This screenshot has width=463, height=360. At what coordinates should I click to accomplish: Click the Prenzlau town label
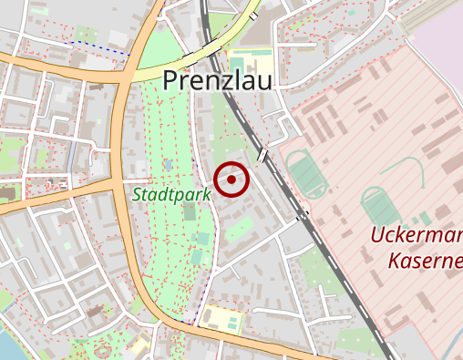(218, 80)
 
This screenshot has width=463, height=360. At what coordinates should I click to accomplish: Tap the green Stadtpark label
(171, 193)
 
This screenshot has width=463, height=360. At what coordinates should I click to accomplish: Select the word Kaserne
(425, 262)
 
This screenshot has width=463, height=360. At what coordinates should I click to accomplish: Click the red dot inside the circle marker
(232, 180)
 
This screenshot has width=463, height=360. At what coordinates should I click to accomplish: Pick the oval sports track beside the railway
(307, 173)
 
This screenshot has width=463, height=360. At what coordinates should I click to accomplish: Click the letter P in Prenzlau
(170, 80)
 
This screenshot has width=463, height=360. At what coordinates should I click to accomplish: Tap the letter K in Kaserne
(395, 262)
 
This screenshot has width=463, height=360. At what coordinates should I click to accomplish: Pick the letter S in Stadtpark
(137, 193)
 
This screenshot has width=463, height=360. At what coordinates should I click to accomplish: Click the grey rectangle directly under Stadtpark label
(189, 211)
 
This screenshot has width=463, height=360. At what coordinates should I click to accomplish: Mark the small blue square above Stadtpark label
(167, 164)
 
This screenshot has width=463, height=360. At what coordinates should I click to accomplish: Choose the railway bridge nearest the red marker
(263, 156)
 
